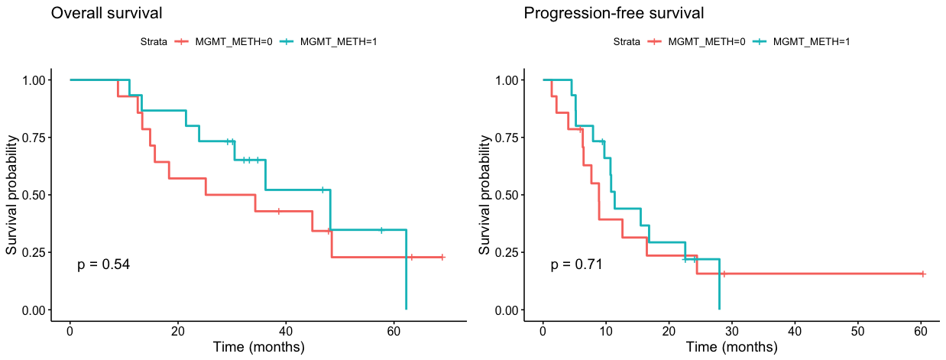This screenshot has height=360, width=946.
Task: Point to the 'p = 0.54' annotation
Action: pyautogui.click(x=104, y=264)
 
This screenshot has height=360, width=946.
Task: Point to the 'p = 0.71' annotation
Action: pyautogui.click(x=577, y=264)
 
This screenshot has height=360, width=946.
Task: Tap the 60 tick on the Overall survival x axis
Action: pyautogui.click(x=394, y=331)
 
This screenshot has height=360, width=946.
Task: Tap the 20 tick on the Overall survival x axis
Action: pyautogui.click(x=178, y=331)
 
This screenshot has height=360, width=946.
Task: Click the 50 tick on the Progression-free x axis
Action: pyautogui.click(x=858, y=331)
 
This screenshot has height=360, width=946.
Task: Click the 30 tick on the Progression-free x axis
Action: pyautogui.click(x=732, y=331)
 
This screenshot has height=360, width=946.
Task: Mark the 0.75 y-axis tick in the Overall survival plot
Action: pyautogui.click(x=38, y=138)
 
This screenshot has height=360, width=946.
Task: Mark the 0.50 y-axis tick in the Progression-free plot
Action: pyautogui.click(x=511, y=195)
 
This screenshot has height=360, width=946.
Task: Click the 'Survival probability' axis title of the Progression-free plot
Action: pyautogui.click(x=484, y=195)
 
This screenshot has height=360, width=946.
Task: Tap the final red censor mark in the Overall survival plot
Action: pyautogui.click(x=442, y=258)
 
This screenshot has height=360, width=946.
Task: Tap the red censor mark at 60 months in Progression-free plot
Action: pyautogui.click(x=923, y=274)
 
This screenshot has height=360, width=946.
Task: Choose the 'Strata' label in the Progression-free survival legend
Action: pyautogui.click(x=627, y=42)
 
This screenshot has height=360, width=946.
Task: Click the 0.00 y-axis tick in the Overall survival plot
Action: pyautogui.click(x=38, y=310)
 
